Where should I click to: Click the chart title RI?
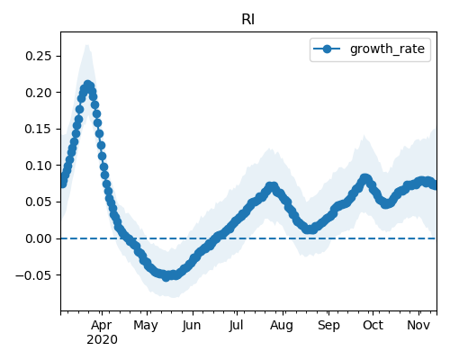(x=248, y=20)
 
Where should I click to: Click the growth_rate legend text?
(x=387, y=49)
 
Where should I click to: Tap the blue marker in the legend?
(x=327, y=49)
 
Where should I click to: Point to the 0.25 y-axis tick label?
(x=39, y=56)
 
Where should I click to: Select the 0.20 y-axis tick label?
(x=39, y=93)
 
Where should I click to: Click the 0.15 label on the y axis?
(x=39, y=129)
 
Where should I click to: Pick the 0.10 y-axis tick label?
(x=39, y=166)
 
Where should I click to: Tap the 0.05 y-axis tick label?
(x=39, y=202)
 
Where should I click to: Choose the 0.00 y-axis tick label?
(x=39, y=238)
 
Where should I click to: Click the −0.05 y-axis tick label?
(x=34, y=275)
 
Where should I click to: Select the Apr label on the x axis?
(x=102, y=325)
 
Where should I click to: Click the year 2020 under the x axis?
(x=102, y=340)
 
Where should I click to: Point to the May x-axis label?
(x=146, y=326)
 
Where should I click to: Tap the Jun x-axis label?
(x=192, y=325)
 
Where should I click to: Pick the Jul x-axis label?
(x=236, y=325)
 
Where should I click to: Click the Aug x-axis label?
(x=282, y=326)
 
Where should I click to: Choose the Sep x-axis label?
(x=328, y=326)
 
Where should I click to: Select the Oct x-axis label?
(x=373, y=325)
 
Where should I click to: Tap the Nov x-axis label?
(x=418, y=325)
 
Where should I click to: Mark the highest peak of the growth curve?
(x=87, y=85)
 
